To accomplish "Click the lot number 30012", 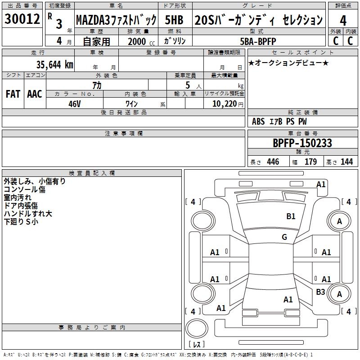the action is click(x=22, y=18).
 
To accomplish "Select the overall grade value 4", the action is click(x=343, y=21).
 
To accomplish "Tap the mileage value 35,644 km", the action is click(x=54, y=64).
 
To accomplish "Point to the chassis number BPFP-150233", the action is click(x=302, y=143).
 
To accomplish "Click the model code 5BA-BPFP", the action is click(x=258, y=41).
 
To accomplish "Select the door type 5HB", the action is click(x=174, y=20).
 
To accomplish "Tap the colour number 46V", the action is click(x=75, y=104).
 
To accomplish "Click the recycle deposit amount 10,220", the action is click(x=225, y=103).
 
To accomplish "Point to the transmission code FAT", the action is click(x=13, y=94).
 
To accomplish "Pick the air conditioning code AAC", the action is click(x=35, y=94).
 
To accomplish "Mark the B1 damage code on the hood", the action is click(x=291, y=216).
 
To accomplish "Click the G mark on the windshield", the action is click(x=284, y=237).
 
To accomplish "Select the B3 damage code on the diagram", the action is click(x=320, y=292).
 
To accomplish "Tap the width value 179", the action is click(x=310, y=162).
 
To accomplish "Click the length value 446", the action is click(x=273, y=162).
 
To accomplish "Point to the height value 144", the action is click(x=346, y=162).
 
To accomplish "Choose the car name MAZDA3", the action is click(x=93, y=20).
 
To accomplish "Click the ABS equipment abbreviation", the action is click(x=258, y=121).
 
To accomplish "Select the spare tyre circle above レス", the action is click(x=197, y=329).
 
